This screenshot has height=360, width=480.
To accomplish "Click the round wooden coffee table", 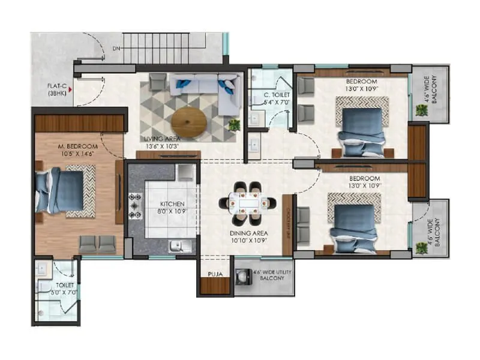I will coord(188,122).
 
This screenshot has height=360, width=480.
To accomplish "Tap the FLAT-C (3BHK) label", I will coord(58,90).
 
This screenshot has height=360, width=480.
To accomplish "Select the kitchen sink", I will coord(178,245).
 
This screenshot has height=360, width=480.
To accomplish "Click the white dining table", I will coord(247,203).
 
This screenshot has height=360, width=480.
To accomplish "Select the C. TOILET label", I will coord(277,94).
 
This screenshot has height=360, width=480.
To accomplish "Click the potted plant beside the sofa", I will coord(234,124).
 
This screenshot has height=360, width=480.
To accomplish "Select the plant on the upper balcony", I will coord(421,110).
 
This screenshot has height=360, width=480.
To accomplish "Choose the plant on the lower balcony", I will coord(421,247).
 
